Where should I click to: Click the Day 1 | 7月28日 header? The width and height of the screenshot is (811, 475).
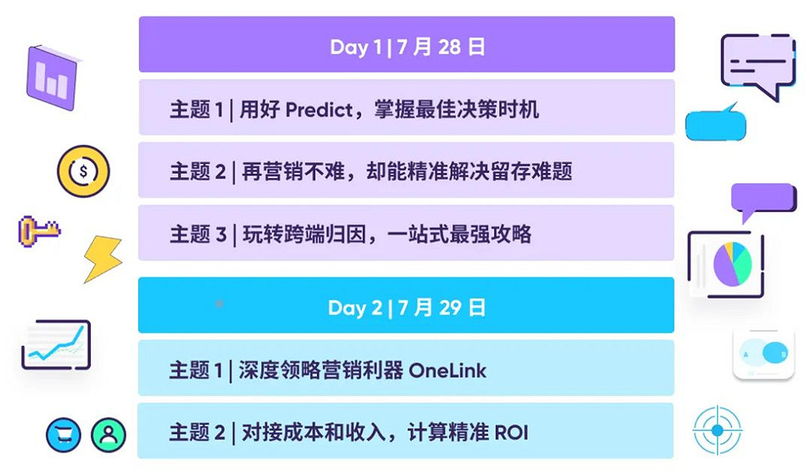(407, 47)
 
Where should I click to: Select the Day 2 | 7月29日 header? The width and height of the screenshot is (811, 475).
(406, 308)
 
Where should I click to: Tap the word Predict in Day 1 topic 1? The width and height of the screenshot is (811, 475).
(319, 109)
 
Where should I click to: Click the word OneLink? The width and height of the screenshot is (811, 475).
(447, 370)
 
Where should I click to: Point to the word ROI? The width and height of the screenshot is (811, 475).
(511, 433)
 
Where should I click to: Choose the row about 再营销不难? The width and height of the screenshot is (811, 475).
(406, 171)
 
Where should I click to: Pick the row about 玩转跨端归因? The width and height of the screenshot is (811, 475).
(406, 234)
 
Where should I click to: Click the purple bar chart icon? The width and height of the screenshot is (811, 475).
(52, 78)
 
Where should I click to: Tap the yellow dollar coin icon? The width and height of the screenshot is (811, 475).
(82, 171)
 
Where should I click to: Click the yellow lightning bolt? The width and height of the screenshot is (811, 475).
(103, 258)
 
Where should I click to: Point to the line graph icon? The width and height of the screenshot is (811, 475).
(57, 344)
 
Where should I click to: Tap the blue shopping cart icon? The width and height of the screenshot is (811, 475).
(63, 434)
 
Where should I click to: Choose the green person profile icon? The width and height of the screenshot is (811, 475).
(108, 434)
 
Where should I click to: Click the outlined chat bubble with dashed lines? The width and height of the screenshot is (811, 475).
(757, 65)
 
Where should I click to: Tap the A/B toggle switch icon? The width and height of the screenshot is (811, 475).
(764, 354)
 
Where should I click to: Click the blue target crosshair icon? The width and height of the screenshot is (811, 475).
(717, 429)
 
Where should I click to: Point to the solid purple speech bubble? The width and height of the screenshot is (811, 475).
(762, 200)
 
